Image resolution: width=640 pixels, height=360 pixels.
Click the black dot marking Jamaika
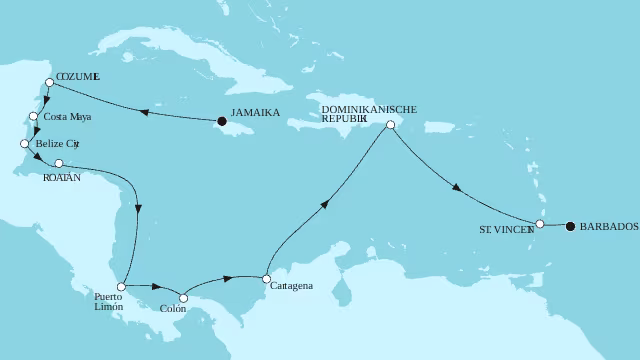click(221, 122)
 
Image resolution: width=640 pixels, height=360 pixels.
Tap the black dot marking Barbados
click(570, 226)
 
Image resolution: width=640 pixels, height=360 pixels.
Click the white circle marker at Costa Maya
click(34, 117)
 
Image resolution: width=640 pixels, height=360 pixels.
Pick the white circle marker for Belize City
click(23, 144)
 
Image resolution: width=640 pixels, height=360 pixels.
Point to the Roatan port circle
click(59, 163)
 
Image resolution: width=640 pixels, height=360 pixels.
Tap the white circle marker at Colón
click(182, 297)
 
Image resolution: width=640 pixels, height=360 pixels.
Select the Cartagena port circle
click(265, 279)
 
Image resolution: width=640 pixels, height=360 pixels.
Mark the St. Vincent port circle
click(540, 225)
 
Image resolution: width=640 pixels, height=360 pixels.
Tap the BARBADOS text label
click(609, 227)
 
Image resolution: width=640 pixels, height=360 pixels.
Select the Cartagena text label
click(292, 286)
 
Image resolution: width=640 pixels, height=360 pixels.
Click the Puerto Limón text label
click(108, 302)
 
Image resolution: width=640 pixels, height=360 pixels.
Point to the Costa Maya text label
click(66, 118)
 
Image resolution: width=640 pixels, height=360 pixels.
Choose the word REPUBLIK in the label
click(345, 117)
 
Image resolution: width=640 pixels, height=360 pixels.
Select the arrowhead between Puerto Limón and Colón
click(157, 286)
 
